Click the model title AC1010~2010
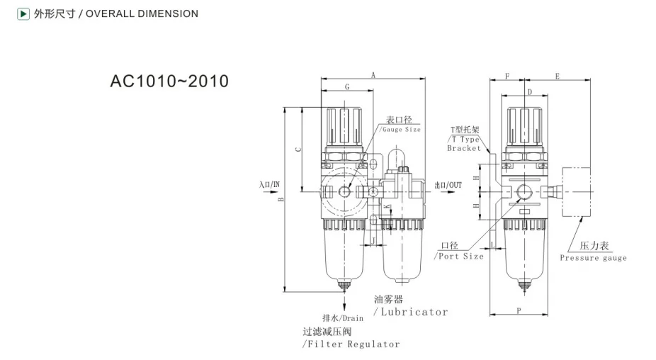click(169, 81)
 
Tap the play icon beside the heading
click(23, 13)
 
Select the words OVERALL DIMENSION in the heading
click(142, 13)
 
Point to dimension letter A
click(373, 74)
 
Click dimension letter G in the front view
click(346, 86)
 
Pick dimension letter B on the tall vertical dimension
click(281, 201)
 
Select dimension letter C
click(298, 149)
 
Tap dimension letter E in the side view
click(558, 76)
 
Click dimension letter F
click(507, 76)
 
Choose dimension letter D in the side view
click(528, 92)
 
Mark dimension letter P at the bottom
click(519, 310)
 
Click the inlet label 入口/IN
click(269, 185)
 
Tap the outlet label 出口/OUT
click(448, 185)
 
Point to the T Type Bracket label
click(465, 140)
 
